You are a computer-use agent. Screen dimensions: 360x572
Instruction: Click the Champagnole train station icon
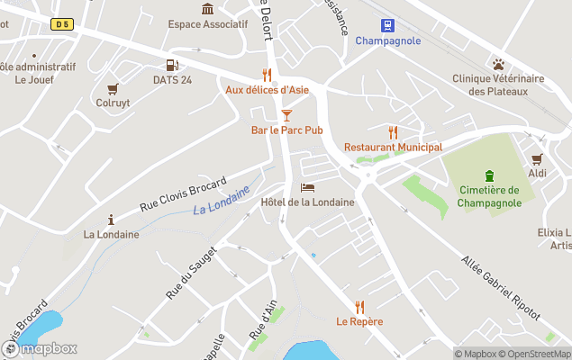point(387,25)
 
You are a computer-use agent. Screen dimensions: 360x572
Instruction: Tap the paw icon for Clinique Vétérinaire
point(498,64)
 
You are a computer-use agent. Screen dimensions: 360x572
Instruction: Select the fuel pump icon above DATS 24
point(172,65)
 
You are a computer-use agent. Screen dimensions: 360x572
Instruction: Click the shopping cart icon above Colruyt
point(113,88)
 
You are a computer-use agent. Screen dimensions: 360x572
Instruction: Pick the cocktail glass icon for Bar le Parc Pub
point(286,115)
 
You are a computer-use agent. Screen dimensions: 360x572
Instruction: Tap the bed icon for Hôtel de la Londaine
point(307,187)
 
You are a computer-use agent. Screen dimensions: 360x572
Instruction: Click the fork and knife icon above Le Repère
point(360,307)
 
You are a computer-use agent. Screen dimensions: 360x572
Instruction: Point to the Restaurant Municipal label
point(393,147)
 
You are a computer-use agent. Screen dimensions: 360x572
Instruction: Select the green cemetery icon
point(489,175)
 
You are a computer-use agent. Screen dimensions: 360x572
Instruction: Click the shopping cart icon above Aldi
point(538,158)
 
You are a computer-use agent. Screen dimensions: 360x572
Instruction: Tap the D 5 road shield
point(62,24)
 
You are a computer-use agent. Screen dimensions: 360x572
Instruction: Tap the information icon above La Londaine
point(111,220)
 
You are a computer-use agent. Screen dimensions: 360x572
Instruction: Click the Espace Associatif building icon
point(208,9)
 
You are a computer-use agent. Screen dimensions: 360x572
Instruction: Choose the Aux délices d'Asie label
point(267,90)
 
